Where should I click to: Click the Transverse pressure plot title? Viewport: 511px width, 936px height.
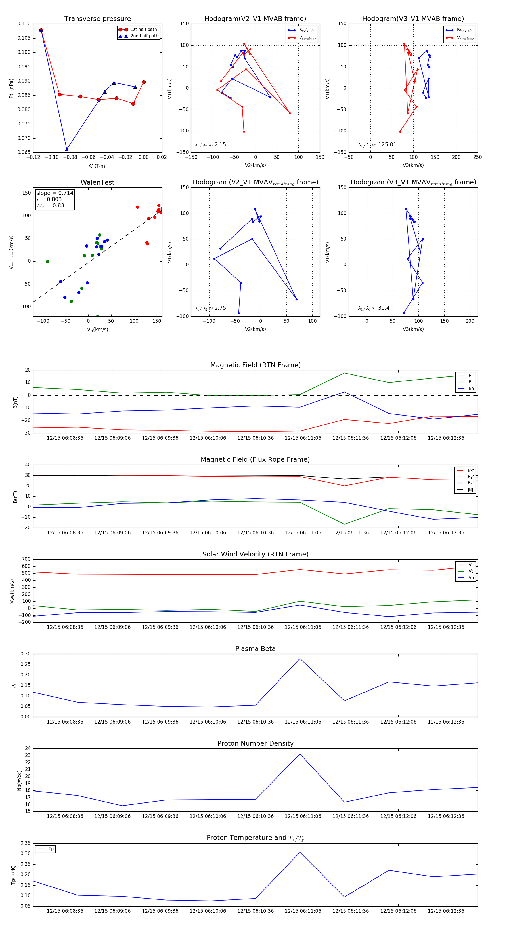pyautogui.click(x=97, y=19)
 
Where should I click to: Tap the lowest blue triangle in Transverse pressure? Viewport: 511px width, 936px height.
pyautogui.click(x=66, y=149)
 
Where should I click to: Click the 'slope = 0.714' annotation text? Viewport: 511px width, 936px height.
pyautogui.click(x=55, y=193)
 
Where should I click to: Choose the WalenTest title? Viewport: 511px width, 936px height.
pyautogui.click(x=97, y=182)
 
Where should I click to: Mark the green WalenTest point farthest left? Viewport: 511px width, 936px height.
pyautogui.click(x=48, y=262)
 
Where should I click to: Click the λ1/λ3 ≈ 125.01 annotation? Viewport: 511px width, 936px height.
pyautogui.click(x=377, y=145)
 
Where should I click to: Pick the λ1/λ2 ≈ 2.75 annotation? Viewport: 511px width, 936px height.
pyautogui.click(x=210, y=308)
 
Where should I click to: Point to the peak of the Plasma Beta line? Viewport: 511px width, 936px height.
pyautogui.click(x=300, y=658)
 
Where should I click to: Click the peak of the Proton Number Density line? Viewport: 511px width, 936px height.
pyautogui.click(x=300, y=754)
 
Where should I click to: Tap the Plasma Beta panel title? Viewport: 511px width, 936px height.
pyautogui.click(x=255, y=649)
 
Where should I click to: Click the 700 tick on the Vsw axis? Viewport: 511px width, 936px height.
pyautogui.click(x=26, y=559)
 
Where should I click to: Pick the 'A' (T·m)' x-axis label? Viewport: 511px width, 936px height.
pyautogui.click(x=97, y=166)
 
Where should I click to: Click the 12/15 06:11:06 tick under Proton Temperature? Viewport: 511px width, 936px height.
pyautogui.click(x=303, y=911)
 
